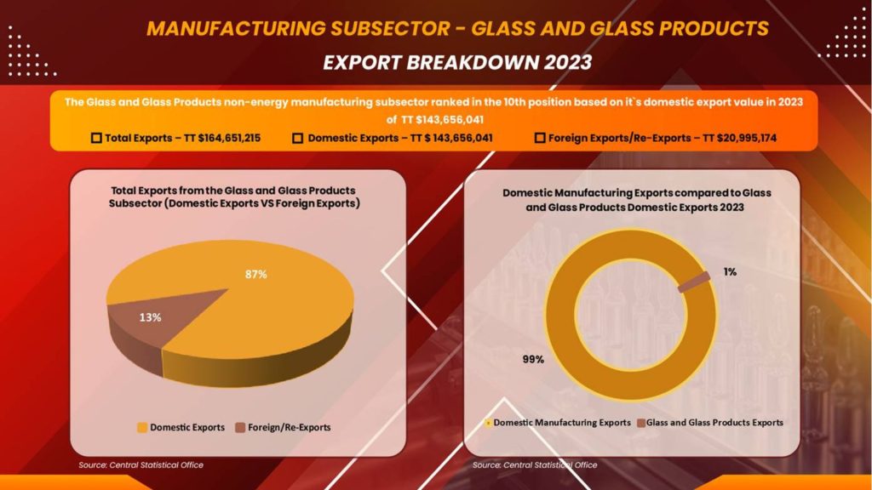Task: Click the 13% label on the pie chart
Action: (150, 316)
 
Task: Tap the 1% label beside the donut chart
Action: (731, 272)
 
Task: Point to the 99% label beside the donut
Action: (533, 359)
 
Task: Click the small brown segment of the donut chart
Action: (693, 282)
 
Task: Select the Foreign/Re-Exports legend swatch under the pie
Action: (241, 427)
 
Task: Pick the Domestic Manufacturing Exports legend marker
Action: (488, 422)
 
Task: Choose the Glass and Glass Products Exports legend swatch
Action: (640, 422)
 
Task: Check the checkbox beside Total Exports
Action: (96, 138)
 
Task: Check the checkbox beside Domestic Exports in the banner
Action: (298, 138)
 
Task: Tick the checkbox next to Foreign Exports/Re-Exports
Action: (540, 138)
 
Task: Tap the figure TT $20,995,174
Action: (728, 138)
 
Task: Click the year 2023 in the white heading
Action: (559, 63)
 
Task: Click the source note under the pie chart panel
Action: (141, 464)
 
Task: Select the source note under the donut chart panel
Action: (535, 464)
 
